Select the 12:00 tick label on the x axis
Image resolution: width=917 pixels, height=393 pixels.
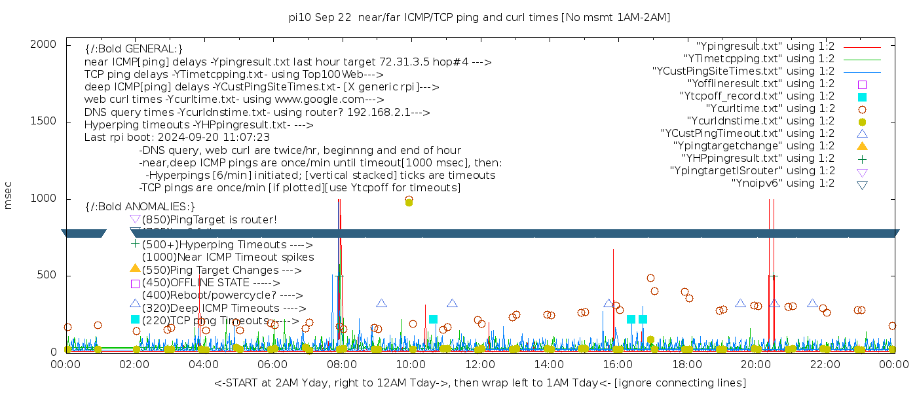(x=480, y=365)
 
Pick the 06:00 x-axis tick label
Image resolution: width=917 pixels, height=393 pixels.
(x=273, y=365)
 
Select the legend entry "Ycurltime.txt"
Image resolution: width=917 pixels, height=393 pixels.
(x=770, y=108)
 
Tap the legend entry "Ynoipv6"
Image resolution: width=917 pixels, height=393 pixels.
(x=783, y=183)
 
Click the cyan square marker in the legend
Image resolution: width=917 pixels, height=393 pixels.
(x=862, y=96)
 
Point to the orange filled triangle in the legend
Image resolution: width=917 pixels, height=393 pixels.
(x=862, y=145)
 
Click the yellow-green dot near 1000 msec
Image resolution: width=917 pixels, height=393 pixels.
(x=409, y=202)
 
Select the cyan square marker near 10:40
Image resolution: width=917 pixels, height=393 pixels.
(x=433, y=320)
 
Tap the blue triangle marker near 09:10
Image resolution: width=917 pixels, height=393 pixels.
(x=381, y=303)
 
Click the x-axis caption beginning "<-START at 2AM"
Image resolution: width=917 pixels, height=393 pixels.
(x=479, y=382)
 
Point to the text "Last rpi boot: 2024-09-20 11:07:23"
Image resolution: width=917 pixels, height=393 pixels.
(x=177, y=137)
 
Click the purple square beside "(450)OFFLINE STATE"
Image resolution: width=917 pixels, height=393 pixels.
(x=136, y=284)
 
